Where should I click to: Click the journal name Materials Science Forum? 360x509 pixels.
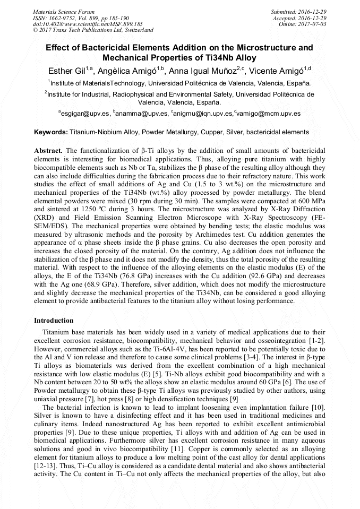[64, 11]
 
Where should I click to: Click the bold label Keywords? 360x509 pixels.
[51, 132]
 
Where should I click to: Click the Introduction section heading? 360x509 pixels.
[54, 321]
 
